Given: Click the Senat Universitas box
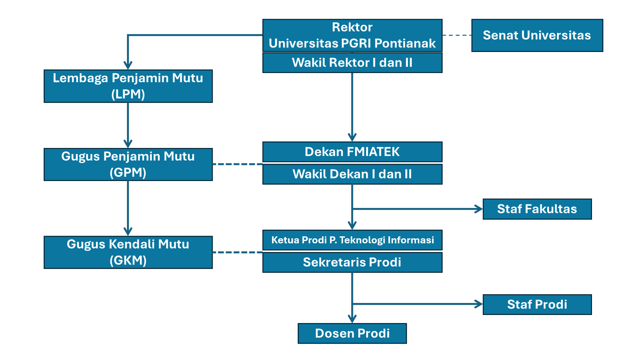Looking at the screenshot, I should pos(537,35).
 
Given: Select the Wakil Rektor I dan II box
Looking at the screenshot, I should pos(352,63).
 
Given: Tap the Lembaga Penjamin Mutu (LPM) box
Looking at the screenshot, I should pos(128,86).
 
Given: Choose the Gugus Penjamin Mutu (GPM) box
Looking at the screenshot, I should pos(128,165).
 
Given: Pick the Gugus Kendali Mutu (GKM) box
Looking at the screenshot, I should pos(128,252).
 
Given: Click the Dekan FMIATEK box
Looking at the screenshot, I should pos(352,152).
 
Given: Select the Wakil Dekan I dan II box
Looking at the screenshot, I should pos(352,174).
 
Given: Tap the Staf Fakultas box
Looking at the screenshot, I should pos(537,209).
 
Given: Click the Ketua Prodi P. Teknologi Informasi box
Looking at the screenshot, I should pos(352,240).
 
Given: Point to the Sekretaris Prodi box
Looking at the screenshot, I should pos(352,262).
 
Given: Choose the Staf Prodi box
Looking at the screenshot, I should pos(537,304).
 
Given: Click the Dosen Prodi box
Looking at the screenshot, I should pos(352,333).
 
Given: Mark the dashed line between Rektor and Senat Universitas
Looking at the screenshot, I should pos(457,35).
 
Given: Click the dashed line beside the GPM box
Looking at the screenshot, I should pos(237,164).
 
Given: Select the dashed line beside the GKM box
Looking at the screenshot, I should pos(237,252).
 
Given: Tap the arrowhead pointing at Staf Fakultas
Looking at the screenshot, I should pos(479,209).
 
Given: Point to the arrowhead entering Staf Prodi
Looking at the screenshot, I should pos(479,304).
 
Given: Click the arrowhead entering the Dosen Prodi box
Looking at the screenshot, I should pos(352,319).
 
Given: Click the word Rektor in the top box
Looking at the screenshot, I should pos(352,27).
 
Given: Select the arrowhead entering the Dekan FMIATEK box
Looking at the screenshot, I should pos(352,137).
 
